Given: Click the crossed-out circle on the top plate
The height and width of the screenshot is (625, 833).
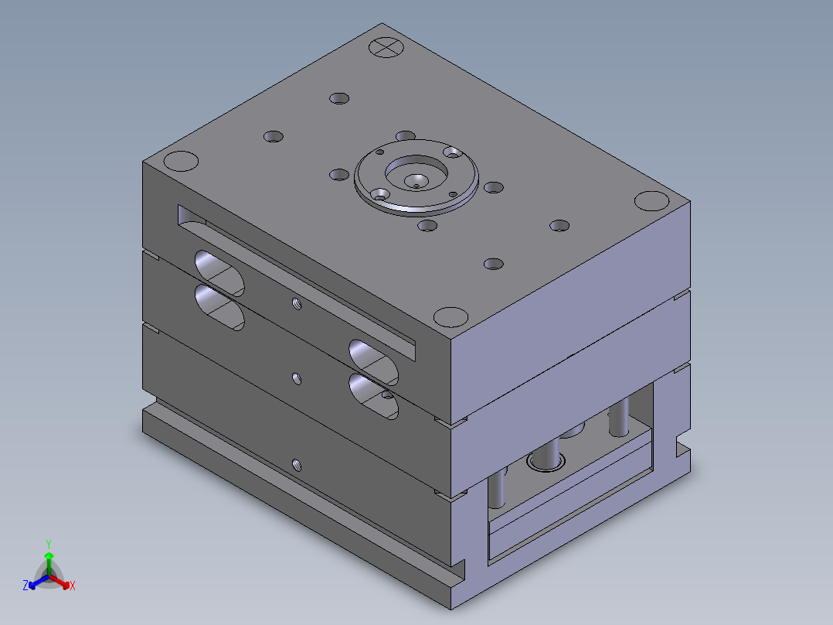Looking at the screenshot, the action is (386, 47).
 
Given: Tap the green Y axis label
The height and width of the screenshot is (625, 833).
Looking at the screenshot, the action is (49, 544).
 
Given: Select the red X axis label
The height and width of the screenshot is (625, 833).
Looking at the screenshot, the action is (73, 586).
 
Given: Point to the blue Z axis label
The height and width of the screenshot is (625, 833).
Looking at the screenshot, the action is (25, 585).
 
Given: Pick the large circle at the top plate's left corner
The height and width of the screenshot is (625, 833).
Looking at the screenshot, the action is (181, 161).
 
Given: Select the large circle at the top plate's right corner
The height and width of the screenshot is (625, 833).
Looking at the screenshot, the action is (652, 201).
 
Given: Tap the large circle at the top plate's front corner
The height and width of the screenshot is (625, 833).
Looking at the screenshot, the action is (451, 317).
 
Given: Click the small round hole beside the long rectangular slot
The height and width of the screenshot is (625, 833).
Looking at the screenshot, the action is (297, 303).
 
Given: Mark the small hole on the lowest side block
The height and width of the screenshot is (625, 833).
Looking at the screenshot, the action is (297, 466).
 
